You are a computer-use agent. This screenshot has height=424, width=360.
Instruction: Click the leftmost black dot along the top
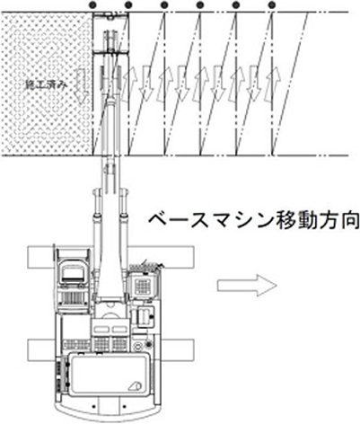[93, 4]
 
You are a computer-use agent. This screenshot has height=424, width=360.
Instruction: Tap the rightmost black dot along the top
[272, 4]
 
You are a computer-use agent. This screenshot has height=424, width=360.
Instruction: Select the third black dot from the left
[164, 4]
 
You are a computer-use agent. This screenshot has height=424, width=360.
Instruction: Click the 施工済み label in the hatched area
[46, 85]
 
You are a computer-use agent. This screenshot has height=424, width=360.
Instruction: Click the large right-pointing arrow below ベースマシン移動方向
[247, 286]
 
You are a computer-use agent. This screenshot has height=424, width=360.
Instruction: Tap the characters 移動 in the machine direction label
[285, 222]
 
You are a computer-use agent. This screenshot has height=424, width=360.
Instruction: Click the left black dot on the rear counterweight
[94, 406]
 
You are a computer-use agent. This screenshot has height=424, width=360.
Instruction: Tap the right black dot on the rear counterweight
[123, 406]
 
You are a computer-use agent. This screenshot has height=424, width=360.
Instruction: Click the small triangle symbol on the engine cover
[136, 385]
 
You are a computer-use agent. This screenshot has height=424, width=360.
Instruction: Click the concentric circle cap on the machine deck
[137, 347]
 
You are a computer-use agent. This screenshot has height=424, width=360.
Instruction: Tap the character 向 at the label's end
[349, 222]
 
